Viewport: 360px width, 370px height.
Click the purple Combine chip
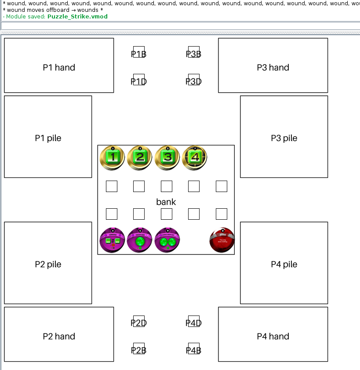113,240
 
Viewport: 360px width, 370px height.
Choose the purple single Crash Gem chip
140,240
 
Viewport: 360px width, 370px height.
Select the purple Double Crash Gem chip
167,240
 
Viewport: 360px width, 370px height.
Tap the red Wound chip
222,240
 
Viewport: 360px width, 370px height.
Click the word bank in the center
166,202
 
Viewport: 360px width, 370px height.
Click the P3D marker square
194,80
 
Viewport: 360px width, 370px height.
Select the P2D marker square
139,321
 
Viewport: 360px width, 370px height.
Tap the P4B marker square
194,348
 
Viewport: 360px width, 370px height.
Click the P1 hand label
59,68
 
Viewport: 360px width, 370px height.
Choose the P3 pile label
284,138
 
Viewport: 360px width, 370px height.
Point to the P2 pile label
48,265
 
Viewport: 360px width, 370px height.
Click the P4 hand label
273,337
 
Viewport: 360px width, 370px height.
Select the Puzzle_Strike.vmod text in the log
77,17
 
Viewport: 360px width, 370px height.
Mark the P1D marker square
139,80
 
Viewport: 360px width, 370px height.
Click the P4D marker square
194,321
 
